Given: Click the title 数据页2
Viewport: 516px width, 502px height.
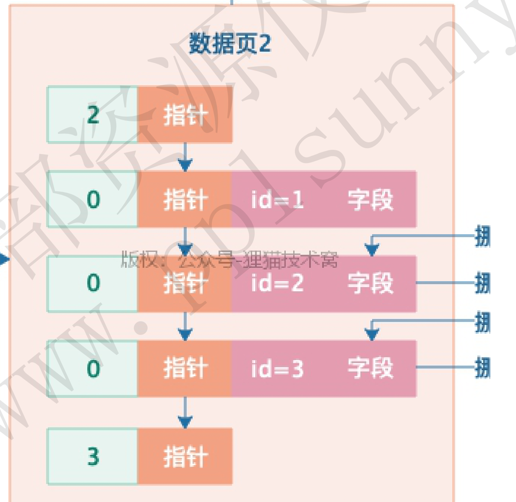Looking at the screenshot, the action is point(230,44).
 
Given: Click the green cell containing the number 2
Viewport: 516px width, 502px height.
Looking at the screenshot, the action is point(93,115).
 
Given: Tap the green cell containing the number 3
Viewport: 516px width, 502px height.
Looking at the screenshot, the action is point(93,456).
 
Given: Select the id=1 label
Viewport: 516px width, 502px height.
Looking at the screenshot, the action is point(277,200).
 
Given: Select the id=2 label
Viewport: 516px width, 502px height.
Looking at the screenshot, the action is point(277,283).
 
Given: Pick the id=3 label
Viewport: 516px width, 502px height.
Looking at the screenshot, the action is point(277,369).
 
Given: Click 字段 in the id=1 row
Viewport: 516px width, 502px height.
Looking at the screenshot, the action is point(370,200).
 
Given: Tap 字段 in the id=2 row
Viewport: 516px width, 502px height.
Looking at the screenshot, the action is point(370,283).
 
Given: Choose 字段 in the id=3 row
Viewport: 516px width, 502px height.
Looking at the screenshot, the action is point(370,369).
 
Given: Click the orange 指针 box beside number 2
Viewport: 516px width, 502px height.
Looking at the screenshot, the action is point(185,115).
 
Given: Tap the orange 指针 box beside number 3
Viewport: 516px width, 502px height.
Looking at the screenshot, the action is point(185,456).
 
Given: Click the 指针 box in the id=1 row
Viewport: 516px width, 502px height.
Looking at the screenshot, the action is point(185,200).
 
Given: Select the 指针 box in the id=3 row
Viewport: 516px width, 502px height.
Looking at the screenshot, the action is point(185,369).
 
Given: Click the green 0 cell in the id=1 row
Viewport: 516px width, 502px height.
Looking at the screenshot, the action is point(93,200).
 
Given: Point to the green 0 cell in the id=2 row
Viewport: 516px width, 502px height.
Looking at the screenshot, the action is point(93,283).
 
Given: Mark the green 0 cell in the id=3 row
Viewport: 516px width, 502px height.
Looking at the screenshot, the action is point(93,369).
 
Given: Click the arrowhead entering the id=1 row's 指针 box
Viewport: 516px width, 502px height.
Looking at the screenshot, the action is point(185,165).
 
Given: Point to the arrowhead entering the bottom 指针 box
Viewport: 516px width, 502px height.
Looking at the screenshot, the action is point(185,422).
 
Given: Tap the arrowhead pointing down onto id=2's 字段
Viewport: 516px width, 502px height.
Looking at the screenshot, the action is point(372,250).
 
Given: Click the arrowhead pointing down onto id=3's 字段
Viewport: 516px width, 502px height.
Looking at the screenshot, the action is point(372,335).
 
